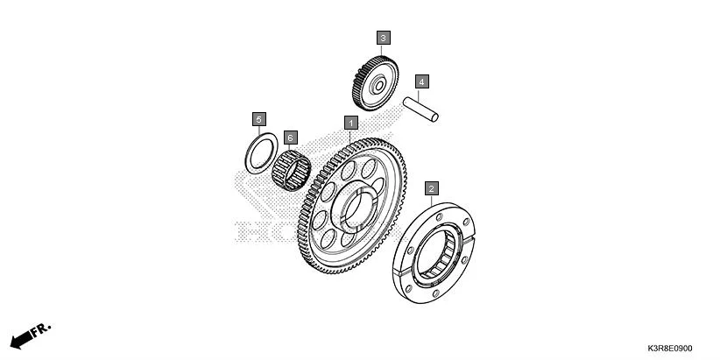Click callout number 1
coord(351,123)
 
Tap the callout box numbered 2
coord(431,188)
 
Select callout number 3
coord(384,38)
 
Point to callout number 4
coord(422,81)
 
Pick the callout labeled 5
coord(259,119)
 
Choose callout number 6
coord(291,138)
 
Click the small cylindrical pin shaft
coord(420,109)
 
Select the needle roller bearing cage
coord(291,170)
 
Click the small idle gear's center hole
coord(379,86)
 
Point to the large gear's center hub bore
coord(358,211)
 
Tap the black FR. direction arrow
coord(21,340)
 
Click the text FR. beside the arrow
coord(41,329)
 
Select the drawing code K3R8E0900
coord(670,349)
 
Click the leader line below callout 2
coord(431,201)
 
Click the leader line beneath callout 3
coord(382,51)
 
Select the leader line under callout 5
coord(259,130)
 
